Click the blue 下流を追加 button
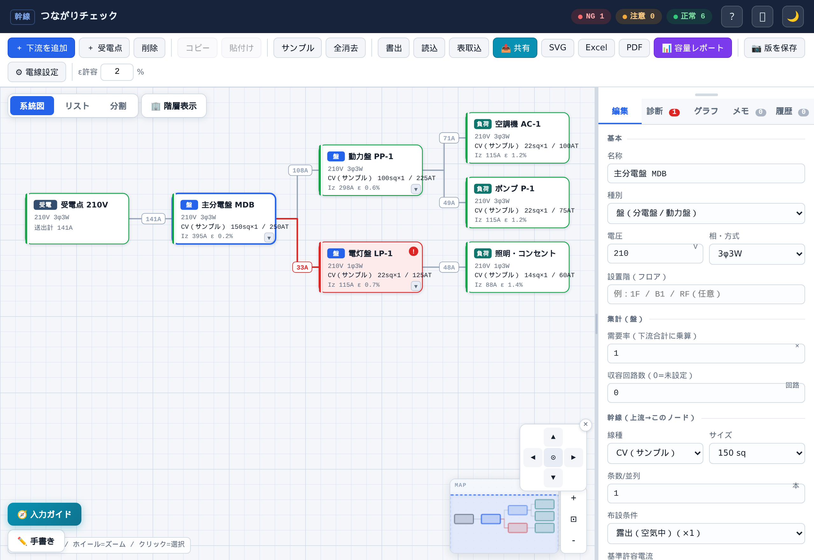pyautogui.click(x=41, y=48)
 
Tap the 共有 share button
pyautogui.click(x=514, y=48)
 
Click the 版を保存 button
pyautogui.click(x=774, y=48)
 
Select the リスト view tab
pyautogui.click(x=77, y=106)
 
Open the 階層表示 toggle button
pyautogui.click(x=174, y=106)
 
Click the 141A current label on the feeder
pyautogui.click(x=153, y=219)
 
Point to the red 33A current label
pyautogui.click(x=302, y=267)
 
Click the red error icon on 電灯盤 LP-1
pyautogui.click(x=413, y=251)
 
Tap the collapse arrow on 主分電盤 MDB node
pyautogui.click(x=269, y=238)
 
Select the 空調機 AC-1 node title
pyautogui.click(x=517, y=124)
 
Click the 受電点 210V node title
pyautogui.click(x=84, y=205)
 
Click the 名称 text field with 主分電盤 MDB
pyautogui.click(x=706, y=173)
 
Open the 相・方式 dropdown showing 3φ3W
pyautogui.click(x=757, y=254)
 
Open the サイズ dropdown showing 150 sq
pyautogui.click(x=757, y=453)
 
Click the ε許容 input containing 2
pyautogui.click(x=117, y=72)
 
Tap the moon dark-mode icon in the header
pyautogui.click(x=793, y=16)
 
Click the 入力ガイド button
pyautogui.click(x=45, y=514)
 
